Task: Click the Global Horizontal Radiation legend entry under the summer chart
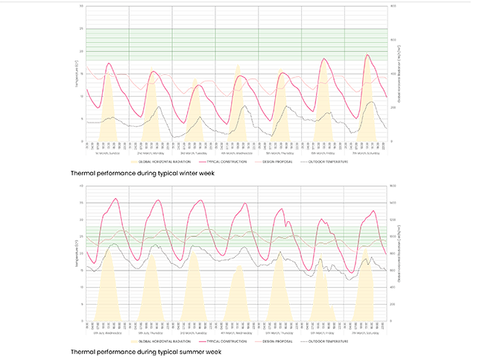coord(164,341)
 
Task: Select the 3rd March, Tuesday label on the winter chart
coord(194,152)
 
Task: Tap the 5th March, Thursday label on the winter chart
coord(280,152)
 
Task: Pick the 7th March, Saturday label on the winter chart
coord(367,152)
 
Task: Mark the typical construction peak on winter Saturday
coord(367,54)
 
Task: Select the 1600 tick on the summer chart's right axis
coord(394,186)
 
